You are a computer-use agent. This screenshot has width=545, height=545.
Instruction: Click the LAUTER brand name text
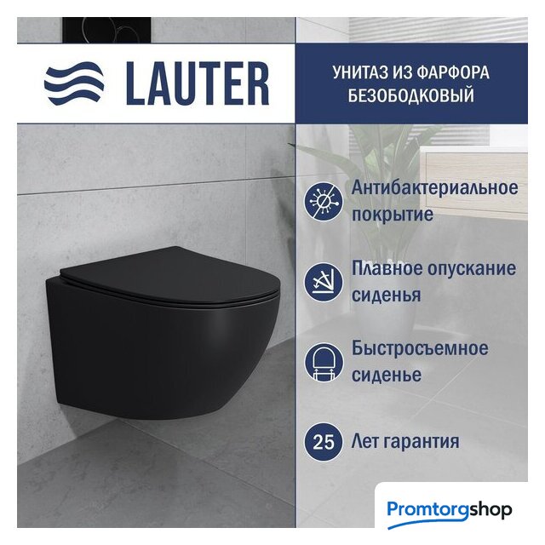point(198,83)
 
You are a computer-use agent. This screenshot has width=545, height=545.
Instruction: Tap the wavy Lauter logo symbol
point(74,83)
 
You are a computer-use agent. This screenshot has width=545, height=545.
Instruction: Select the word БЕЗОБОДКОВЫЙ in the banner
point(411,95)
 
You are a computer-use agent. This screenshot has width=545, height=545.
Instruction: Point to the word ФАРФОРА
point(453,72)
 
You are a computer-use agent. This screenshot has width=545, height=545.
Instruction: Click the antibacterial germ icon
point(324,201)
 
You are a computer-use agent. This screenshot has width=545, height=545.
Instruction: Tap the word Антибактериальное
point(435,188)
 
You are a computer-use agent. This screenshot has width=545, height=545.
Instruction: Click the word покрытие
point(393,215)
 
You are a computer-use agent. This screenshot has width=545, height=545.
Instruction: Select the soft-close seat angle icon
point(324,282)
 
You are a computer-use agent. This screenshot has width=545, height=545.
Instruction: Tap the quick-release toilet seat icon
point(324,362)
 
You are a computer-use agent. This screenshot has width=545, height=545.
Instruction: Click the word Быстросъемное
point(420,348)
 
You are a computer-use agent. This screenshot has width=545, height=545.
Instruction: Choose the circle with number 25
point(324,442)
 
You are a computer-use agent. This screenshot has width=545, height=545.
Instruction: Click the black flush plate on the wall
point(107,30)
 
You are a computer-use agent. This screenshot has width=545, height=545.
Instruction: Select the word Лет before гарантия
point(365,442)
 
